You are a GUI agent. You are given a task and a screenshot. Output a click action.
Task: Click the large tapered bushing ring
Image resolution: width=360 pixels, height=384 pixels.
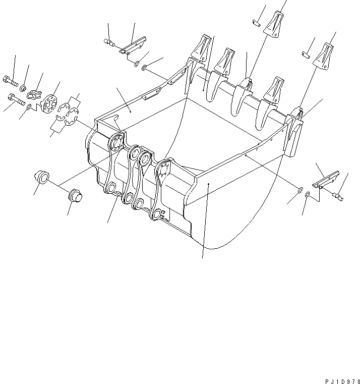click(41, 177)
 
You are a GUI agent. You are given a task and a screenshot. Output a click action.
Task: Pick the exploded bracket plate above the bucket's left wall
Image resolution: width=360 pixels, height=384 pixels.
click(131, 44)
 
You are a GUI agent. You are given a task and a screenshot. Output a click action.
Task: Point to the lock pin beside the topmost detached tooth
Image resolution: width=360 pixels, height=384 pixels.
click(256, 22)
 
